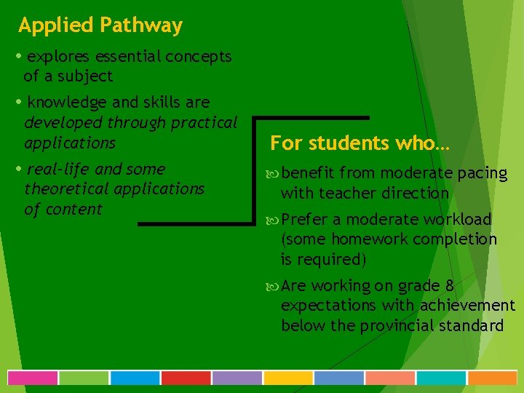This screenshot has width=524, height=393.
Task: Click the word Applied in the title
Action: [56, 26]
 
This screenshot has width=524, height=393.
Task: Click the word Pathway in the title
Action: [141, 26]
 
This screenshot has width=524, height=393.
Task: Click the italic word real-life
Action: [58, 170]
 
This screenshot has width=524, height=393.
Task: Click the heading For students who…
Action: [360, 143]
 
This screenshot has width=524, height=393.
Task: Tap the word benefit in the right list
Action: [307, 173]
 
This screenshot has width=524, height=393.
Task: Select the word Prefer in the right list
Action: [305, 220]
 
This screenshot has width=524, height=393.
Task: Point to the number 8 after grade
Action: [450, 286]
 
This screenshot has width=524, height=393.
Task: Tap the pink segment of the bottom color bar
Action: [33, 378]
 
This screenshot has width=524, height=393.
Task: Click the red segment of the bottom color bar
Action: [186, 378]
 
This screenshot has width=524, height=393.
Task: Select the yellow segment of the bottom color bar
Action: [287, 378]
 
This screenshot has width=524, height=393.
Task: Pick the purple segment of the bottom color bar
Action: [237, 378]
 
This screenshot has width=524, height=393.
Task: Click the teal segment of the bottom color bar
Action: [440, 378]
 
